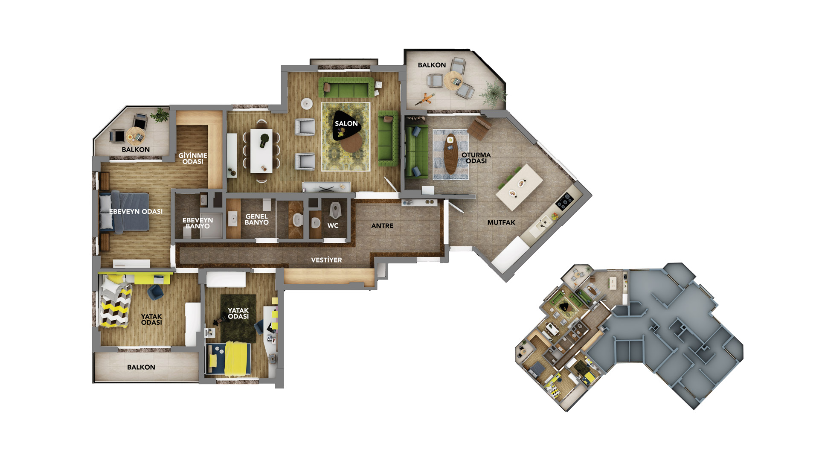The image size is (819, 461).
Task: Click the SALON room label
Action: coord(346,123)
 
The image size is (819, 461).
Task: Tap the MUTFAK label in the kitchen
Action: coord(501,222)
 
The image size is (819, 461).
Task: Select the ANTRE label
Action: coord(382,226)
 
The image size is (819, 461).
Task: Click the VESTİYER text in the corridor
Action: coord(326,260)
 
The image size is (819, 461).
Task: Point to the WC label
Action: coord(333,226)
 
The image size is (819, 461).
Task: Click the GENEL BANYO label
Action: coord(257,219)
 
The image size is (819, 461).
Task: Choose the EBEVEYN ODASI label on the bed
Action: coord(136,211)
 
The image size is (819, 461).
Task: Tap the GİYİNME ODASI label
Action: coord(193,158)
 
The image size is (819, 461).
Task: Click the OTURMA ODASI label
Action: coord(476,158)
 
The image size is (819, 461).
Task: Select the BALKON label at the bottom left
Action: coord(141,367)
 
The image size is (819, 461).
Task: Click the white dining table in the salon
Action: coord(261,151)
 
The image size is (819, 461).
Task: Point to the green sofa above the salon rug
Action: coord(346,88)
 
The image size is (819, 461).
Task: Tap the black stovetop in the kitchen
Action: coord(565,201)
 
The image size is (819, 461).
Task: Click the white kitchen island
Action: coord(519,187)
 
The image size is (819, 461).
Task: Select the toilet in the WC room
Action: coord(335,209)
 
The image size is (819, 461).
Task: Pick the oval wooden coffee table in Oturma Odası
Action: coord(450,154)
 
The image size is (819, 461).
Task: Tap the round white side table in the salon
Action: coord(307,104)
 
